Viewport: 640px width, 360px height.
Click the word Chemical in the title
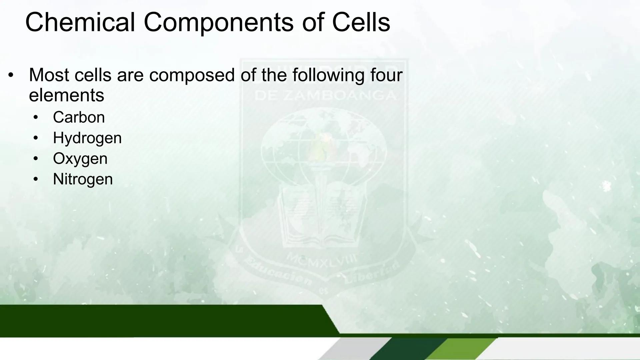point(80,23)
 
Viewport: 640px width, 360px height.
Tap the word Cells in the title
point(361,23)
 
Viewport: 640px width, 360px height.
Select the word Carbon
point(79,117)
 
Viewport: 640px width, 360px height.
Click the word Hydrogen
point(87,138)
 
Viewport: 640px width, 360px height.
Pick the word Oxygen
point(80,159)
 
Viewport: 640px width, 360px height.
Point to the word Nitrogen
point(83,179)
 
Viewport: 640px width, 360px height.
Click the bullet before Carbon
point(36,117)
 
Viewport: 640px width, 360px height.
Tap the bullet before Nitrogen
point(36,179)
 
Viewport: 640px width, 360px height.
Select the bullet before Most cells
point(11,75)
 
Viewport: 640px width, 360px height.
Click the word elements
point(66,95)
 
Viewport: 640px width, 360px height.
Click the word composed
point(192,75)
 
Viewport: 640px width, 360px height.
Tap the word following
point(328,75)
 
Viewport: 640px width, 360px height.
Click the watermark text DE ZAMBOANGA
point(325,96)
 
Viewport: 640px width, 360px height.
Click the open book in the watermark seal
point(322,217)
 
